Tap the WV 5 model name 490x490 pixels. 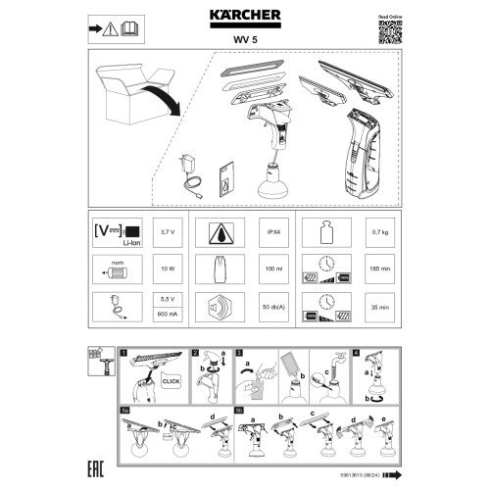point(245,37)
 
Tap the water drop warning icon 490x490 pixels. point(220,234)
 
